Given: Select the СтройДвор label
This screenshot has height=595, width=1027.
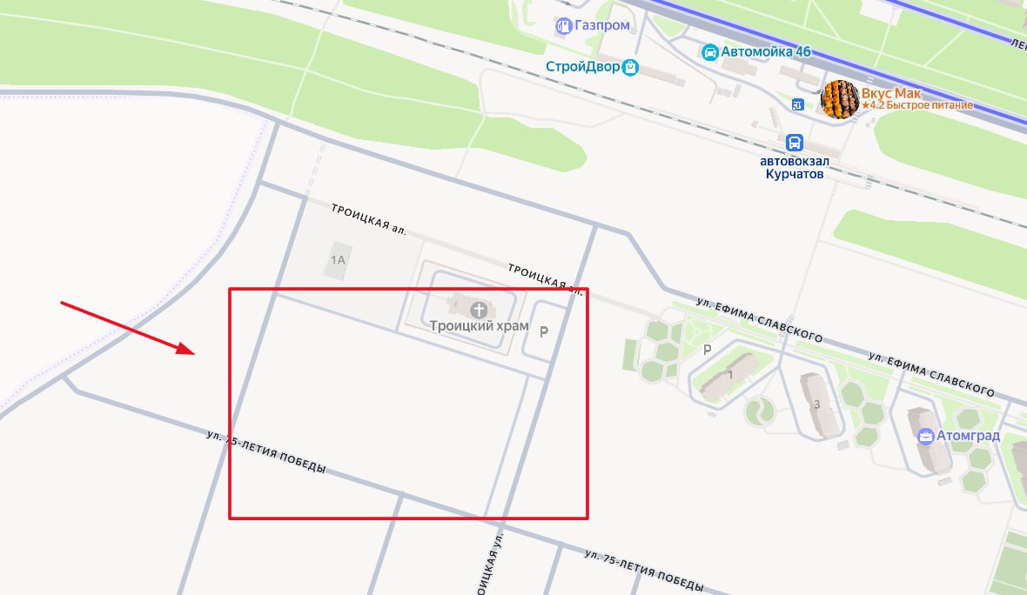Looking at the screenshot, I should click(x=583, y=67).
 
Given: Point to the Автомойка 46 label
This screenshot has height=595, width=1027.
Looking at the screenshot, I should click(x=766, y=52).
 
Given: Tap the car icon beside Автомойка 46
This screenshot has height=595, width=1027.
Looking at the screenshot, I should click(x=710, y=52).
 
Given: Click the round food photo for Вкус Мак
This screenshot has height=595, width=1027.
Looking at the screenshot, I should click(x=841, y=99).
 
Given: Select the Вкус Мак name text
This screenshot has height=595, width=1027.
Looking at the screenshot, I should click(x=891, y=93).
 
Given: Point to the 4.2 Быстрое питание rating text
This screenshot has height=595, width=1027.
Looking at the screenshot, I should click(x=917, y=106).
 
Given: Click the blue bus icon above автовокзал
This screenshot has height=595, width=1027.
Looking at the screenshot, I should click(x=794, y=143).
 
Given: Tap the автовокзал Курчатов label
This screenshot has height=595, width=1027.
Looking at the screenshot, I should click(x=793, y=167).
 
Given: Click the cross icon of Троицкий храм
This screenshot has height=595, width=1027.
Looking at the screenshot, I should click(x=478, y=310).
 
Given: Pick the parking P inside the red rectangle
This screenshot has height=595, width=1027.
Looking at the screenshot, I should click(x=545, y=331).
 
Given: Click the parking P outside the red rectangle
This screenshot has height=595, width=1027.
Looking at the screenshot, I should click(x=707, y=350).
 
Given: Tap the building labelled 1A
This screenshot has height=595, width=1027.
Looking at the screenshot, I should click(x=339, y=259).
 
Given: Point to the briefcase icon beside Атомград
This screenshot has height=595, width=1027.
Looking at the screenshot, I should click(x=926, y=436).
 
